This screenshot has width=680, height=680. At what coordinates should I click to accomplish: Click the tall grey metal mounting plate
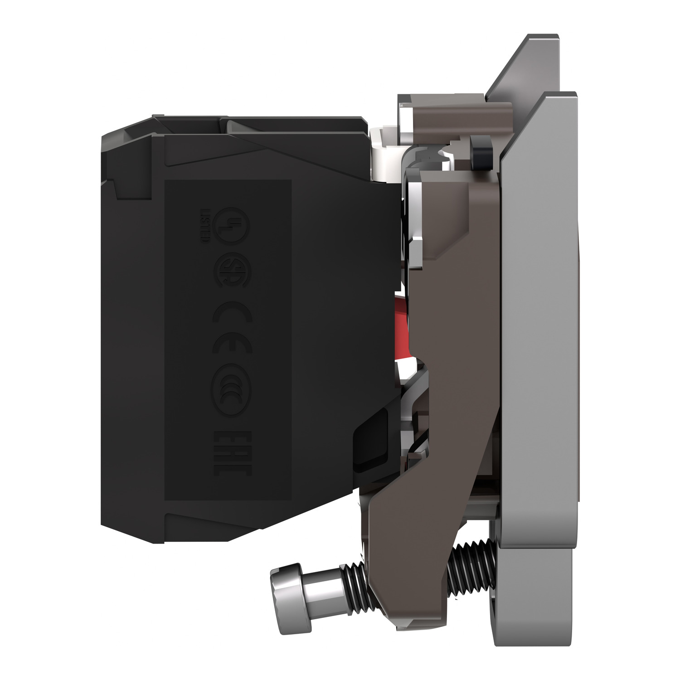539,317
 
